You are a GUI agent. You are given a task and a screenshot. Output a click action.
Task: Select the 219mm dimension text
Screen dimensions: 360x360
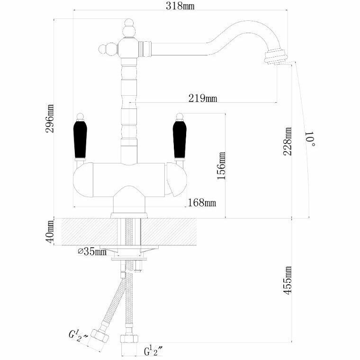point(202,99)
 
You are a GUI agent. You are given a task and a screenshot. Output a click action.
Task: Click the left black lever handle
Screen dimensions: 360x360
point(80,140)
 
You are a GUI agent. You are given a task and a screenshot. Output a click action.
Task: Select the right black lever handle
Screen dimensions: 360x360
point(179,140)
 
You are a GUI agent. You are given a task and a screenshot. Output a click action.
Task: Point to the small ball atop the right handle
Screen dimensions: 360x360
point(180,115)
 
